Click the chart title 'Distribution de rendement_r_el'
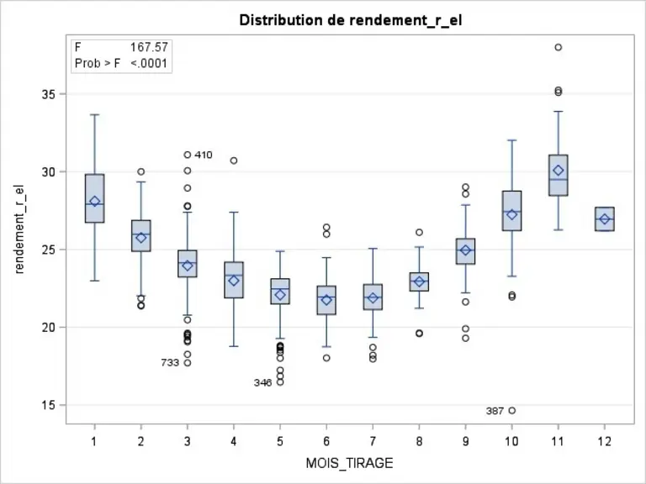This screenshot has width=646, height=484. [351, 20]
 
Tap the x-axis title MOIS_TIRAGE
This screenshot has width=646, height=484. [349, 463]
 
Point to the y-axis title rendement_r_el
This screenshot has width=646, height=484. [19, 229]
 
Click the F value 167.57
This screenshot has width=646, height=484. [149, 47]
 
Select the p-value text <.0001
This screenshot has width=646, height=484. [149, 63]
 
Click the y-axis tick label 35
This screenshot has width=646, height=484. [48, 94]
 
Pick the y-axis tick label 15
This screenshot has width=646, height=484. [48, 405]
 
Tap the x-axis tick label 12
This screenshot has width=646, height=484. [605, 442]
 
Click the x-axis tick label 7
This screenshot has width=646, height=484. [373, 442]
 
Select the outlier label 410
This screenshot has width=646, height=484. [203, 155]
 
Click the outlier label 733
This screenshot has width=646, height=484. [170, 363]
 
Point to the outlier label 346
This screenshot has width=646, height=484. [262, 383]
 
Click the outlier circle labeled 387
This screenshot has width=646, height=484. [512, 410]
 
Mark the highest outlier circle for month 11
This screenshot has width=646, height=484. [559, 47]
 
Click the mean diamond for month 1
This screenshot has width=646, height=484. [95, 202]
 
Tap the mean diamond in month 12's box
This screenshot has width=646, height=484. [605, 219]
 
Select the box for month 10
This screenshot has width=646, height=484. [512, 211]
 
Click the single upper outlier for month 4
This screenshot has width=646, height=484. [234, 160]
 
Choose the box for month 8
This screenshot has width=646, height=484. [419, 282]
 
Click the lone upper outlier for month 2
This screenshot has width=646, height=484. [141, 171]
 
